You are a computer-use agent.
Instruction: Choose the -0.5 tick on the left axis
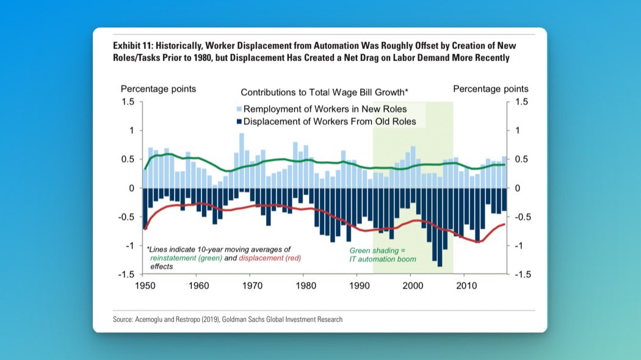tap(126, 217)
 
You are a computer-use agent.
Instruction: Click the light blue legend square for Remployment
tap(239, 110)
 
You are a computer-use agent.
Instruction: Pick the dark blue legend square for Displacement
tap(239, 121)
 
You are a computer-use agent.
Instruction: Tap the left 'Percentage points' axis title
tap(158, 89)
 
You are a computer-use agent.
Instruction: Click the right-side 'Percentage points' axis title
tap(491, 89)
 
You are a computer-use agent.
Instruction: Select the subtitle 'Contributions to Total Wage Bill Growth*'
tap(324, 93)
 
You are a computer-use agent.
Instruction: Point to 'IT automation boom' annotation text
tap(383, 259)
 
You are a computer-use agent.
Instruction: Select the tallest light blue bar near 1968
tap(242, 161)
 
